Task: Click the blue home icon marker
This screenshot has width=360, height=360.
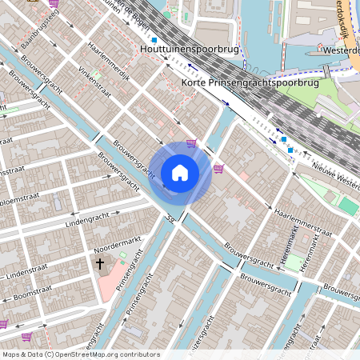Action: pyautogui.click(x=179, y=172)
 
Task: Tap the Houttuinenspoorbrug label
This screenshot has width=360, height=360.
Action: pyautogui.click(x=189, y=50)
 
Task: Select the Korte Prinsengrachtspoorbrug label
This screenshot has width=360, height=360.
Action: pyautogui.click(x=250, y=82)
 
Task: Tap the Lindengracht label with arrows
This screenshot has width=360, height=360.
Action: pyautogui.click(x=79, y=218)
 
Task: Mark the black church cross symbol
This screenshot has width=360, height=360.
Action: pyautogui.click(x=100, y=263)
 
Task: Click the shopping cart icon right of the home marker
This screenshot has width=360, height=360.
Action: pyautogui.click(x=218, y=168)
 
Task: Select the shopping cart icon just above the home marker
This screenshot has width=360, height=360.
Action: pyautogui.click(x=190, y=144)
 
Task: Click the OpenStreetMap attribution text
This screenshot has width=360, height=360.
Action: pyautogui.click(x=80, y=354)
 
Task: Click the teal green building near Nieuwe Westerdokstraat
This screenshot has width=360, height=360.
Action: pyautogui.click(x=348, y=206)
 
